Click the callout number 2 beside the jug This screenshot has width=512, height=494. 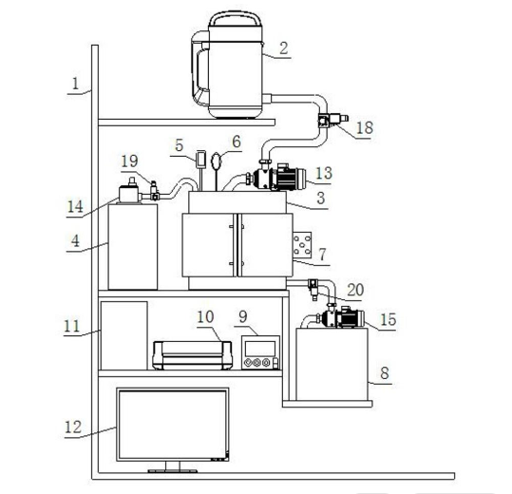(x=284, y=48)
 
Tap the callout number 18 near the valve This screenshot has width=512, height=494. (x=365, y=127)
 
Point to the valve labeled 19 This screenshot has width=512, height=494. (x=154, y=191)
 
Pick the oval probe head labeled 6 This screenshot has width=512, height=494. (x=217, y=161)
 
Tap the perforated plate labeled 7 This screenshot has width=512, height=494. (x=302, y=245)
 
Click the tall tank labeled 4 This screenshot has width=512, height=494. (x=133, y=247)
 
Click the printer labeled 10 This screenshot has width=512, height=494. (x=192, y=355)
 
